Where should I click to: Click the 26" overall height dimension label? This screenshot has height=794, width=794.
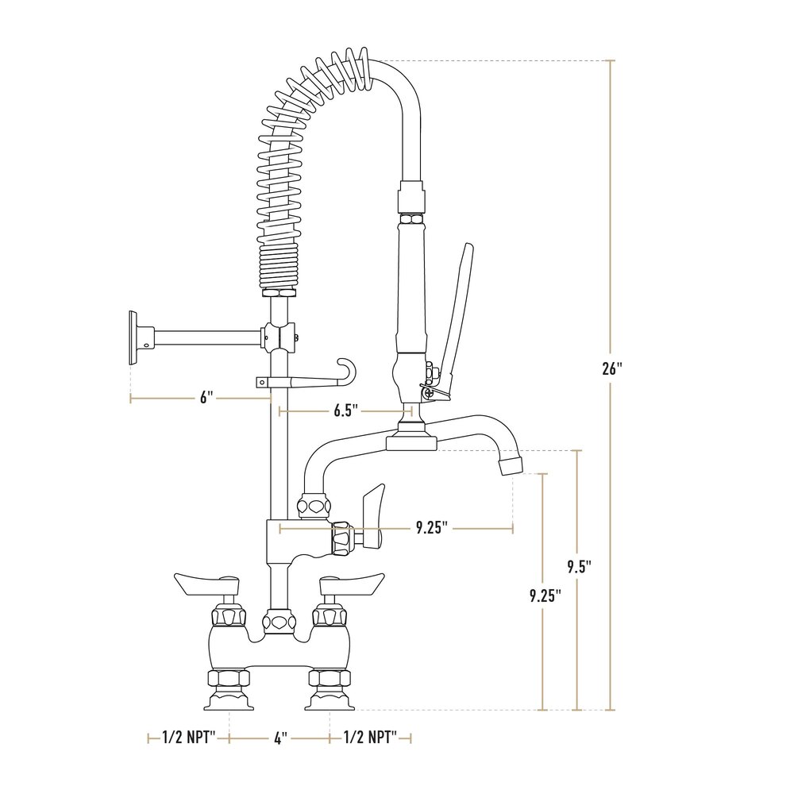pos(611,368)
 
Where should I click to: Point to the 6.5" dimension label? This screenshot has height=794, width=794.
pos(346,410)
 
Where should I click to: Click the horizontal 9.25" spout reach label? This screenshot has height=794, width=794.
pos(432,528)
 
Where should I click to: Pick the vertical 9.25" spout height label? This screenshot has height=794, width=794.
pos(545,595)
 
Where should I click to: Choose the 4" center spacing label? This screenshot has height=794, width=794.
pos(280,738)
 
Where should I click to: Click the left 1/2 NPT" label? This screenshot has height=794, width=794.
pos(189,738)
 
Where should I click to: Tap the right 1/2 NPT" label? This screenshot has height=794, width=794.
pos(370,738)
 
